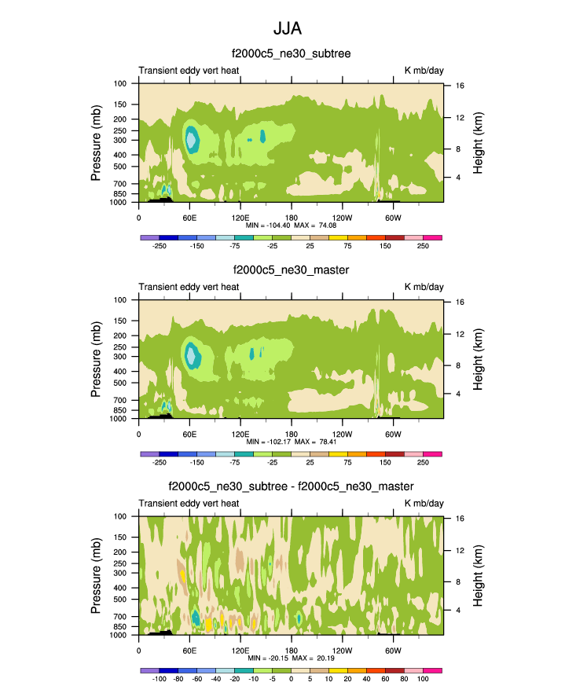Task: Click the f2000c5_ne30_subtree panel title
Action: coord(291,53)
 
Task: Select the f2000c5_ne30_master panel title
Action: coord(291,270)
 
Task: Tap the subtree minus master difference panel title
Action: coord(291,487)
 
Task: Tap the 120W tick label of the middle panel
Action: coord(342,433)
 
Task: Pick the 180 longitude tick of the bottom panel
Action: coord(291,650)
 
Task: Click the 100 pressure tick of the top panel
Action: coord(120,83)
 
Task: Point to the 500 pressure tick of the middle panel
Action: coord(120,383)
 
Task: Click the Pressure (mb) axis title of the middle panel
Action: coord(97,359)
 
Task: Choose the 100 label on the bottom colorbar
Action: coord(423,678)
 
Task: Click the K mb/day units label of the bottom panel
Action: coord(424,503)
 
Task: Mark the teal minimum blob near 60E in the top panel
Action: coord(191,138)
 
